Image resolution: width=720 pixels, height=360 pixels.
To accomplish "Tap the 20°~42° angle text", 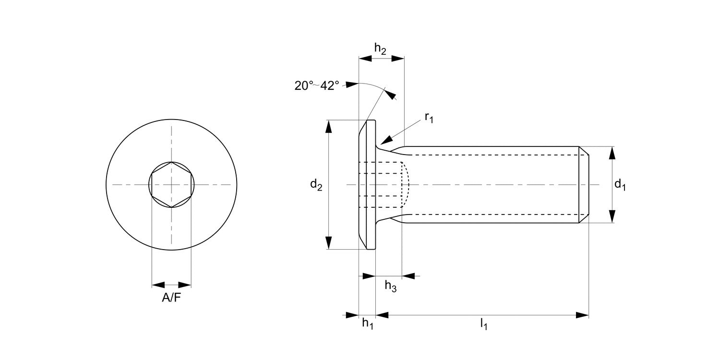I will [317, 85].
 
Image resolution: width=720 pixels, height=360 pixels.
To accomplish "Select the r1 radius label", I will [429, 118].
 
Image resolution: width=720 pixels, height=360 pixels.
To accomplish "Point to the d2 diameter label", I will [316, 184].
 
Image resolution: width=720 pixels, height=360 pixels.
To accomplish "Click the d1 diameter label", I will [620, 184].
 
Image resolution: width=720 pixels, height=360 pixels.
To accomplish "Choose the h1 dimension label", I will [367, 324].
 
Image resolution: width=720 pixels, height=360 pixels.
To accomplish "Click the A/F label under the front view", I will [171, 298].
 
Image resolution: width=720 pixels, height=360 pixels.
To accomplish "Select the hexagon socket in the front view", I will [171, 184].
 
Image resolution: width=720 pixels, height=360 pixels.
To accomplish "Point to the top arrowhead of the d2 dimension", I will [329, 126].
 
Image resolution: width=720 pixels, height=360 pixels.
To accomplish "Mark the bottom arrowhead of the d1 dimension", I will [612, 216].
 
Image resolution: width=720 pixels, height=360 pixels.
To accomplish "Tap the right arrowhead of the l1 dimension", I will [582, 315].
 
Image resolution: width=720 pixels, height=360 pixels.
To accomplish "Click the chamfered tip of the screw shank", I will [584, 184].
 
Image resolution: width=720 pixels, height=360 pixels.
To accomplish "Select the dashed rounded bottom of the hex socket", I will [406, 184].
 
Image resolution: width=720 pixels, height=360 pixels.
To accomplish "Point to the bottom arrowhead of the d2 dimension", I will [329, 242].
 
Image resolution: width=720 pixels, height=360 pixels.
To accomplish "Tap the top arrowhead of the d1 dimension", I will [612, 153].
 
